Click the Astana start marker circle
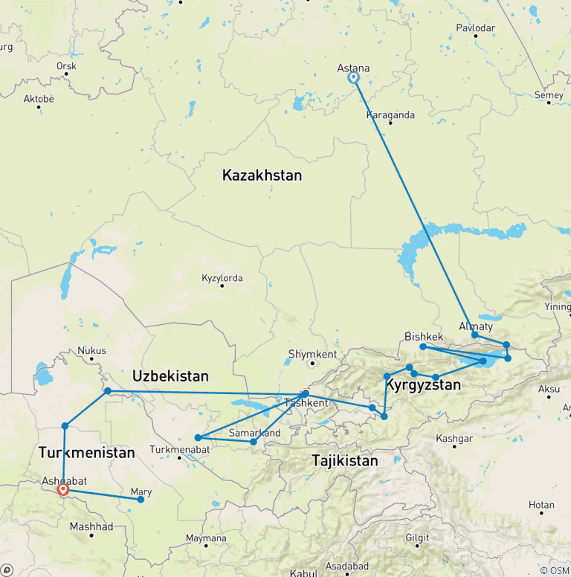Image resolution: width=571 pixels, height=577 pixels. pos(354,77)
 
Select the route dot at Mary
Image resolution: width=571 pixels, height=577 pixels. pos(141,499)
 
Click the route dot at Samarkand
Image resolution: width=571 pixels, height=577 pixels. pos(254,442)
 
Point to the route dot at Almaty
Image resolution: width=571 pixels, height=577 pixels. pos(475,335)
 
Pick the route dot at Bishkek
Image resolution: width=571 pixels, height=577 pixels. pos(423,346)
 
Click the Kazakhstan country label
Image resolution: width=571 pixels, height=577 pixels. pos(262,175)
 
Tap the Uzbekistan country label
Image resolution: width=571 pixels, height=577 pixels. pos(170,375)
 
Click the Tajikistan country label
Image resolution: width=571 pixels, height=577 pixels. pos(344,461)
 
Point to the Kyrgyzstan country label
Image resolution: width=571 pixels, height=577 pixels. pos(423,385)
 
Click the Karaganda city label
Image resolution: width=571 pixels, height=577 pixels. pos(390,115)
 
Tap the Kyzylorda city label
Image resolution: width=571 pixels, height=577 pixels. pos(222,279)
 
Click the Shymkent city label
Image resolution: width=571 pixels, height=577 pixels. pos(312,355)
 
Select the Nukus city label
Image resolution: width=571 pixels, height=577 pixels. pos(92,350)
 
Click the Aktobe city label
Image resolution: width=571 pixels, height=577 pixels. pos(39,98)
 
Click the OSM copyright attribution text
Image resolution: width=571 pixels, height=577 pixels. pos(554,570)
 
